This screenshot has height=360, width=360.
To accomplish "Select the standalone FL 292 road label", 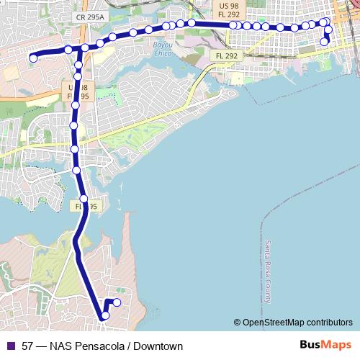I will [x=226, y=55].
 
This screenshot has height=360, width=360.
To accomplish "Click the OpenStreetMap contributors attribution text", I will [x=297, y=323].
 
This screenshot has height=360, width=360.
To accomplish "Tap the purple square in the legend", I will [x=9, y=346].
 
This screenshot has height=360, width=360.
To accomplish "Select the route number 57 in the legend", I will [x=27, y=346].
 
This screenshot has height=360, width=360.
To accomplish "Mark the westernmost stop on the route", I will [x=33, y=58].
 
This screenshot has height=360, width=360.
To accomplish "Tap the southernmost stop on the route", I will [x=105, y=315].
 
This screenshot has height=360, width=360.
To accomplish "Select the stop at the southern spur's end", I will [x=117, y=302].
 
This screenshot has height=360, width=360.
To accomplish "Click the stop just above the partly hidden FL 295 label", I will [x=84, y=199].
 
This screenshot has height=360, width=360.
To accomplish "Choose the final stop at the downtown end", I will [x=324, y=42].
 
